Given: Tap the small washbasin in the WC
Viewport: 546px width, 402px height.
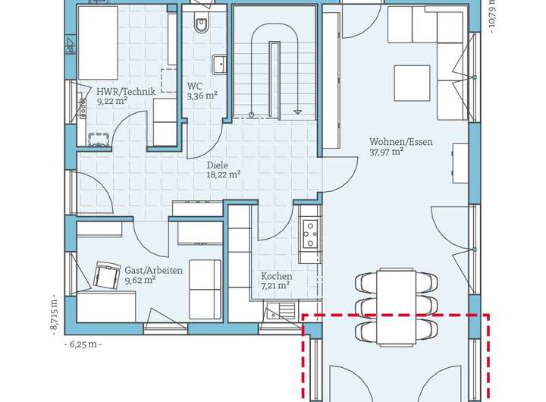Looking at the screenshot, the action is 219,64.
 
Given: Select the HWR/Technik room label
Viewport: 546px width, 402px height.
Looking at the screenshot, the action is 126,92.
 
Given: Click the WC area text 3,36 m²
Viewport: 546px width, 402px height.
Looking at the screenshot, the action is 202,96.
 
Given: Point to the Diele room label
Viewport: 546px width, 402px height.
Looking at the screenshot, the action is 218,165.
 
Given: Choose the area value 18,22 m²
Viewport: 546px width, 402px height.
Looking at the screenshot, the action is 224,174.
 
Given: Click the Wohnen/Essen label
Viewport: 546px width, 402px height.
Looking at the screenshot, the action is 401,142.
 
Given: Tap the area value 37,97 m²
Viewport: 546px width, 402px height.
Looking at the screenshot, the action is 386,152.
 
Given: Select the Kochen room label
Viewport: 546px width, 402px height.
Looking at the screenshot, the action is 277,276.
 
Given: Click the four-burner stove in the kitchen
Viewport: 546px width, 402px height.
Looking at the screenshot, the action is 310,234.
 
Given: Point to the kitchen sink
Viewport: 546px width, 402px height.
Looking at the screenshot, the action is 281,312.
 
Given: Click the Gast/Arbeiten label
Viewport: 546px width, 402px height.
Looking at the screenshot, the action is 153,270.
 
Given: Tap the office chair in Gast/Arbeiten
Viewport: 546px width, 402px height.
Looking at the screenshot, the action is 105,275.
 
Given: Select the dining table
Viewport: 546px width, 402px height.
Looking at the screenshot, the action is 397,307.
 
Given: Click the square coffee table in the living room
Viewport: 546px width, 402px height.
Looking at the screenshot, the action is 412,83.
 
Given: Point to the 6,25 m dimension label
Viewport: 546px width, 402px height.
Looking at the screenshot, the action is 83,344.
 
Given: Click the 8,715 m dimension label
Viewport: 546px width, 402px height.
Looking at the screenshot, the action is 54,318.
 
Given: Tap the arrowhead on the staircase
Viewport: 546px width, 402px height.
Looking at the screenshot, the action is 297,111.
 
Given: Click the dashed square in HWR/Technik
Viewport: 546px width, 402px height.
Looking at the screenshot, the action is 169,80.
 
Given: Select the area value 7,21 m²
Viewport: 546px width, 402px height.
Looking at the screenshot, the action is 275,286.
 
